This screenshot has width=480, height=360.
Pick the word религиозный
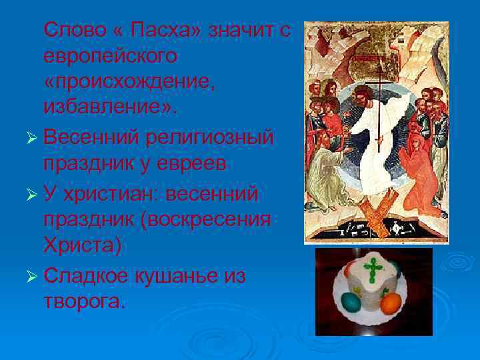(214, 139)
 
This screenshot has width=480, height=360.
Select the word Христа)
(83, 246)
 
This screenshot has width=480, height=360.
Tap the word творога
(82, 302)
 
